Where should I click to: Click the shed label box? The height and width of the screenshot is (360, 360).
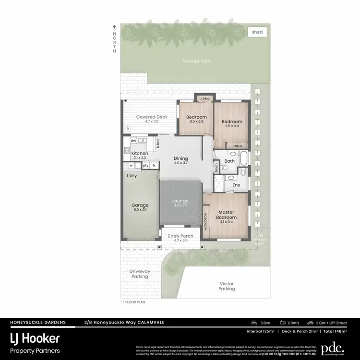257,32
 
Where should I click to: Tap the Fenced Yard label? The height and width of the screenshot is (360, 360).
197,61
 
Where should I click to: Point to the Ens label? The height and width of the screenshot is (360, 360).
236,184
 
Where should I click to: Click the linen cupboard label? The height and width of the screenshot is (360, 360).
216,168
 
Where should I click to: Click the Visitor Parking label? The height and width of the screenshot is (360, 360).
226,286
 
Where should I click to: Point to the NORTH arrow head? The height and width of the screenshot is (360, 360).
114,27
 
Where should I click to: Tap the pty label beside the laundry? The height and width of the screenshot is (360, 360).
145,166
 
